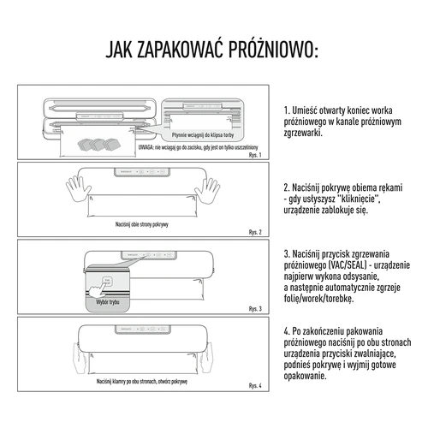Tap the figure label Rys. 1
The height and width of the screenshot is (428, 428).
[x=253, y=156]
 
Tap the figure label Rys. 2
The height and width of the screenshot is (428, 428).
[x=253, y=232]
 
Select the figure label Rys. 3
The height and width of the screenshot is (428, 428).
[x=253, y=308]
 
